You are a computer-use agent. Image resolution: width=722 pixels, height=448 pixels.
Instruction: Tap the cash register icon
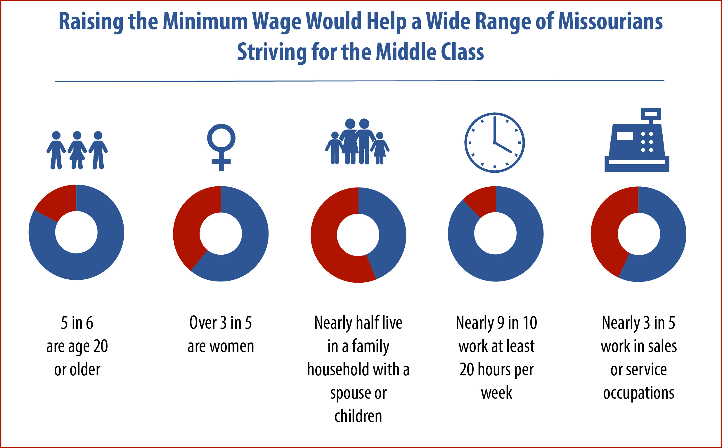click(637, 140)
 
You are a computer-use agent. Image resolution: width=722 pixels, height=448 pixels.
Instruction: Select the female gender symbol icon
click(221, 147)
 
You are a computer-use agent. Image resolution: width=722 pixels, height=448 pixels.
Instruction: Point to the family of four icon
click(357, 141)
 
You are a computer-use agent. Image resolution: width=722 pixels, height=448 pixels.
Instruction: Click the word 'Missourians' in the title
click(610, 21)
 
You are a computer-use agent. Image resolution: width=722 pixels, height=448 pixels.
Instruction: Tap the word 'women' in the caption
click(232, 347)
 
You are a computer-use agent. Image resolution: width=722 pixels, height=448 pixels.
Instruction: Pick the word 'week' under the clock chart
click(496, 393)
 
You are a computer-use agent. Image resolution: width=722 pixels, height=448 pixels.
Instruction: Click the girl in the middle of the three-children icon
click(77, 150)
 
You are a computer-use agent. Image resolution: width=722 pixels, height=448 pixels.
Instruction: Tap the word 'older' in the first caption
click(85, 369)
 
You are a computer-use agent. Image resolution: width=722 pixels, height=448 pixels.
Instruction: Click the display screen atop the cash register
click(651, 114)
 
